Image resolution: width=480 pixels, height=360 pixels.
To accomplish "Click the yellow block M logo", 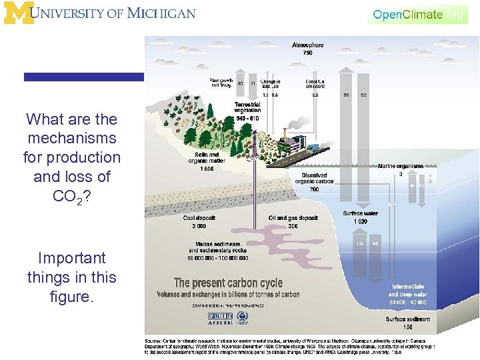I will pos(17,13).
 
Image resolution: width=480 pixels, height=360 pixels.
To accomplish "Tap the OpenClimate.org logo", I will pos(418,14).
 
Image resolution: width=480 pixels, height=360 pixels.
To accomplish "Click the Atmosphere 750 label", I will pos(307,49).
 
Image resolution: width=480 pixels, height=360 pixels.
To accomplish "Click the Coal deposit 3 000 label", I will pos(199,221).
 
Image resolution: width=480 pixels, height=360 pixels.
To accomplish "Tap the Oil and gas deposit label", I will pos(293,221).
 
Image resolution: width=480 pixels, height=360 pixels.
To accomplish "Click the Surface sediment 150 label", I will pos(407,323).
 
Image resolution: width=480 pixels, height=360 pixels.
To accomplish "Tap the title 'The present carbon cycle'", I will pos(228,283).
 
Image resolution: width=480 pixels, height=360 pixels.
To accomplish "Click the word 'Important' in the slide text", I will pos(72,258).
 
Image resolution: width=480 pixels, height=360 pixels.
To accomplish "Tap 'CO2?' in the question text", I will pos(72,197).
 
